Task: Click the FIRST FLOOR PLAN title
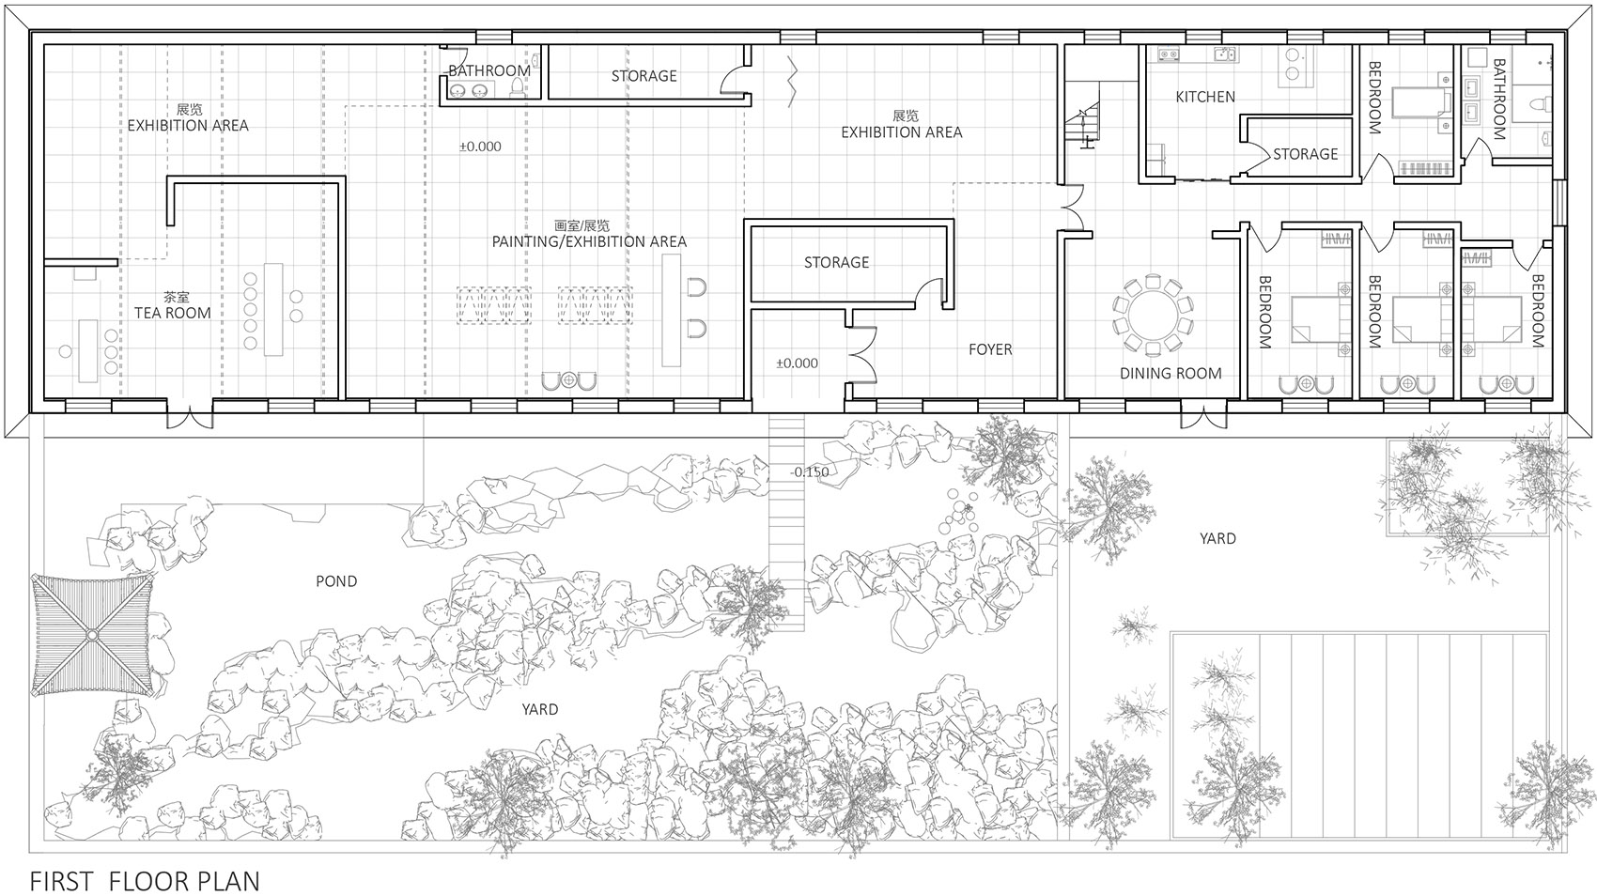click(145, 881)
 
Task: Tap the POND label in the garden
click(336, 581)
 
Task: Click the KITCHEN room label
click(1205, 97)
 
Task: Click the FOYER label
click(990, 349)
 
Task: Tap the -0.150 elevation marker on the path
click(810, 471)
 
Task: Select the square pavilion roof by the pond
click(92, 635)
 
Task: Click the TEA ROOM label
click(173, 313)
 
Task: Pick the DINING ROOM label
click(1171, 373)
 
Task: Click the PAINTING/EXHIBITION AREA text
click(589, 241)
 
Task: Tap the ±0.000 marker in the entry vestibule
click(797, 363)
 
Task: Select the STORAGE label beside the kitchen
click(1305, 154)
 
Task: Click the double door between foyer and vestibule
click(861, 354)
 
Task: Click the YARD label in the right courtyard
click(1217, 538)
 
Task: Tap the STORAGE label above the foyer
click(836, 262)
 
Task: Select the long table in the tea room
click(273, 309)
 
